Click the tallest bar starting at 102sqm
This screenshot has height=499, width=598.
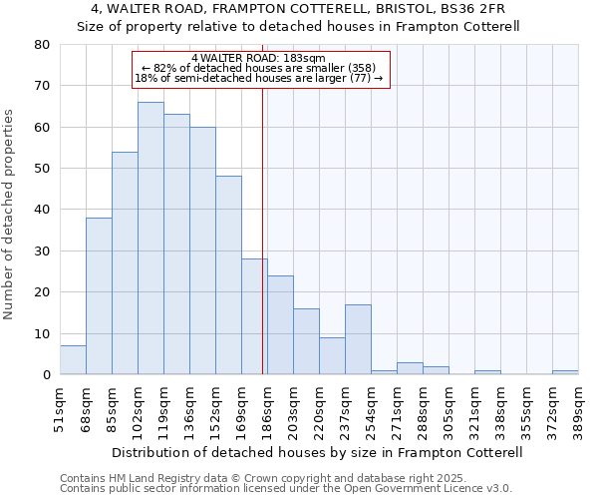click(x=150, y=239)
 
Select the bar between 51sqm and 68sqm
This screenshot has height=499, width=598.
click(x=73, y=360)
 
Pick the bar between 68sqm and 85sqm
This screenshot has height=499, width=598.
click(x=99, y=296)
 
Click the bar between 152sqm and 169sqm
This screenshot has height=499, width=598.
click(x=228, y=275)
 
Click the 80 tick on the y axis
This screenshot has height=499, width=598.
click(x=42, y=45)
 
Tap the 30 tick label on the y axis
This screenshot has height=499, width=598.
click(x=42, y=251)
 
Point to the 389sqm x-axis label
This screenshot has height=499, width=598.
click(x=579, y=409)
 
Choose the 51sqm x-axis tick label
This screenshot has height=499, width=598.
click(x=61, y=409)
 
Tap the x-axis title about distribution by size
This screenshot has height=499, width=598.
click(x=319, y=452)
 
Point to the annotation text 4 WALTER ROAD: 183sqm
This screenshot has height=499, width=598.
click(x=258, y=59)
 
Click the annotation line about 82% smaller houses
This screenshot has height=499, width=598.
click(x=258, y=68)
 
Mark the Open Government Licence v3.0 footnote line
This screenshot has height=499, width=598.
click(x=286, y=488)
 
